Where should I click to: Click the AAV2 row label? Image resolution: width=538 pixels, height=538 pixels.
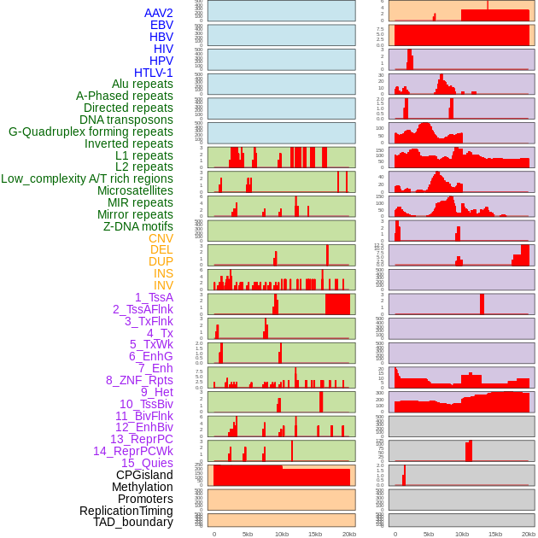point(159,13)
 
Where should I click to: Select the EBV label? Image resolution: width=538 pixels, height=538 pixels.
point(161,25)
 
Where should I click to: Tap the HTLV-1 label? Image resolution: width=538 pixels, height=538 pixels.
point(154,73)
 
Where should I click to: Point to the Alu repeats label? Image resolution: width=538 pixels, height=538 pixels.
point(143,84)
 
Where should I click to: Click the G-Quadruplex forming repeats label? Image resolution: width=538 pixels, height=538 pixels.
point(91,132)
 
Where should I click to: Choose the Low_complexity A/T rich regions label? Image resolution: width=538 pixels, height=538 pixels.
point(87,178)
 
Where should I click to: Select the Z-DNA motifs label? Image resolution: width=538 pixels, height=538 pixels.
point(138,226)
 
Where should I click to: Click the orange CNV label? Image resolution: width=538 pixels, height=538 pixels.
point(161,238)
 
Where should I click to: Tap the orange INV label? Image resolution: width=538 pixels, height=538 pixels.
point(163,285)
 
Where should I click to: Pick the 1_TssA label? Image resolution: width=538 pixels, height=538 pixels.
point(154,297)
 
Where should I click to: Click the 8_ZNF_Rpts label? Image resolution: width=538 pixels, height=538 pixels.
point(139,380)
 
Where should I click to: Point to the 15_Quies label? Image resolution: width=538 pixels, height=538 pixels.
point(146,463)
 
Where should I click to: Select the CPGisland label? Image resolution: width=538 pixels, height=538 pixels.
point(144,475)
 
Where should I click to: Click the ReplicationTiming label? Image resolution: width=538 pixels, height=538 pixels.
point(126,511)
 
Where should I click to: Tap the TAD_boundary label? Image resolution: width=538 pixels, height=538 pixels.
point(133,522)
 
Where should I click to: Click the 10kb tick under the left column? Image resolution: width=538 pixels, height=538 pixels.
point(281,534)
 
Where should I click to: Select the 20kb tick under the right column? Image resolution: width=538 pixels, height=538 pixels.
point(529,534)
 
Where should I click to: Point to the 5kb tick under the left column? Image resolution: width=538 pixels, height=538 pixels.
point(248,534)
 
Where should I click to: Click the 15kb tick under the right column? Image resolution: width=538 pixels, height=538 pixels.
point(495,534)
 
